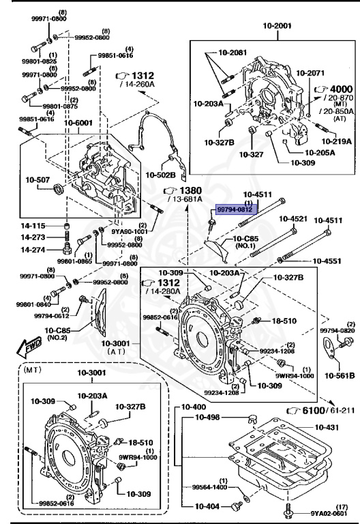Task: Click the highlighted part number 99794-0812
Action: point(235,211)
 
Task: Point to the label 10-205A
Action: point(318,153)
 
